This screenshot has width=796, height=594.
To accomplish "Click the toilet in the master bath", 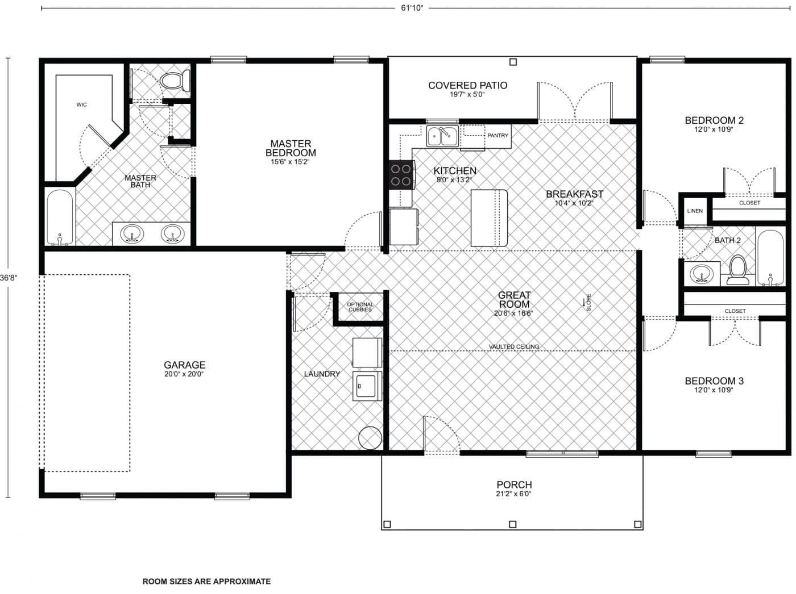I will (175, 81).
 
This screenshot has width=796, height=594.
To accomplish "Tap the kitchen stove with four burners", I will (400, 174).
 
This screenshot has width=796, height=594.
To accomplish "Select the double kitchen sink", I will (442, 136).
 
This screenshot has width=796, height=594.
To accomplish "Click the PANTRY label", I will (498, 136).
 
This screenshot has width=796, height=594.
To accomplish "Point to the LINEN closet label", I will (695, 211).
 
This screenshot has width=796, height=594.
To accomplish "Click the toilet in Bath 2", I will (738, 270).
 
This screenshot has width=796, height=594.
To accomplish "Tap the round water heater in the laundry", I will (370, 437).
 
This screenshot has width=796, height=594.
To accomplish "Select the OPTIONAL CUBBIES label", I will (360, 307).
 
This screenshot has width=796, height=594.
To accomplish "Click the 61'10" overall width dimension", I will (412, 8).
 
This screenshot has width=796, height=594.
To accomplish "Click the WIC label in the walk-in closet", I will (81, 104).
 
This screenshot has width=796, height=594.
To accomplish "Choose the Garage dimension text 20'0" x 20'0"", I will (184, 374).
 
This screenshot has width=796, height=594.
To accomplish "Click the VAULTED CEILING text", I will (514, 346).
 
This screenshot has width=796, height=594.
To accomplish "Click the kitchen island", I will (489, 218).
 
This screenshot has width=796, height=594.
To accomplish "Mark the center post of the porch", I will (512, 524).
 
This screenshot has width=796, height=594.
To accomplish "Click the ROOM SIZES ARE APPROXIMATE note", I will (206, 582).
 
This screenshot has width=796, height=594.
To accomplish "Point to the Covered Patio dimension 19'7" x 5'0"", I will (467, 95).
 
